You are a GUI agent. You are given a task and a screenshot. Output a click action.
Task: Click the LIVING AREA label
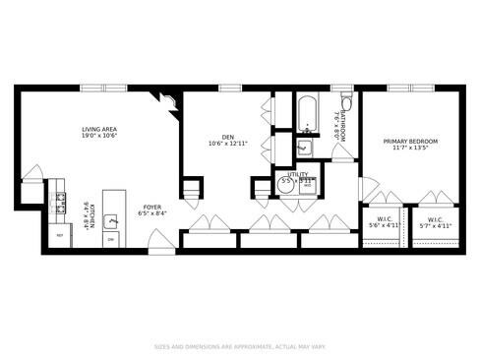click(x=98, y=133)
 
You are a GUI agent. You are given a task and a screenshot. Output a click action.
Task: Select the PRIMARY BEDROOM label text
click(x=409, y=146)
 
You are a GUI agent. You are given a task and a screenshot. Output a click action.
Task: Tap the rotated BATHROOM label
click(x=339, y=126)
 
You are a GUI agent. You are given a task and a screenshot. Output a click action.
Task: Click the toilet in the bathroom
click(x=346, y=105)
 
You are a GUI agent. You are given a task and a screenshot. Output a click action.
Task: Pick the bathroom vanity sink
click(x=305, y=148)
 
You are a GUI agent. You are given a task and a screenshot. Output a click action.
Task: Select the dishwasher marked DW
click(x=111, y=239)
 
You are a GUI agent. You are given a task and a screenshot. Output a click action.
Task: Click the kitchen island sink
click(x=111, y=218)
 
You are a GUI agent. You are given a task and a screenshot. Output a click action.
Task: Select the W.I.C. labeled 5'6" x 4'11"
click(x=384, y=222)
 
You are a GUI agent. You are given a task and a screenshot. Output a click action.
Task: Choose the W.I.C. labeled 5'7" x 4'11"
click(x=434, y=222)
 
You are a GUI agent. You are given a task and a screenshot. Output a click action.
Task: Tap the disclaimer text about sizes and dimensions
click(x=240, y=345)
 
